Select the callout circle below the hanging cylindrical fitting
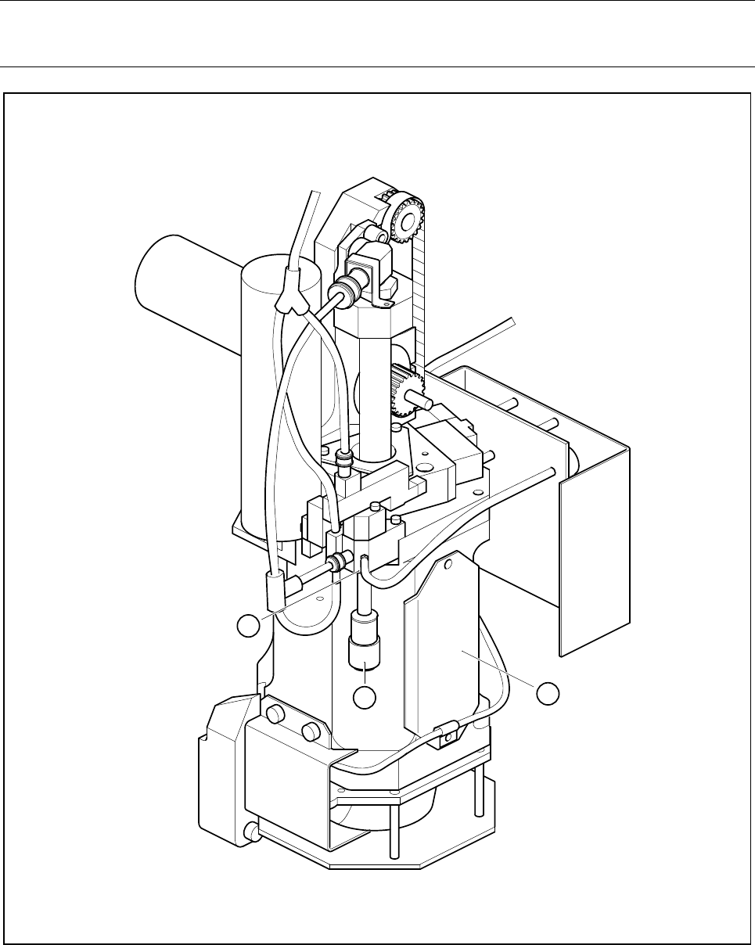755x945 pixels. coord(364,697)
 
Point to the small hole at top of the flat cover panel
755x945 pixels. coord(448,560)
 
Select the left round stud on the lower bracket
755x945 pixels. coord(276,715)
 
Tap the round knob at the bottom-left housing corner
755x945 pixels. coord(251,829)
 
